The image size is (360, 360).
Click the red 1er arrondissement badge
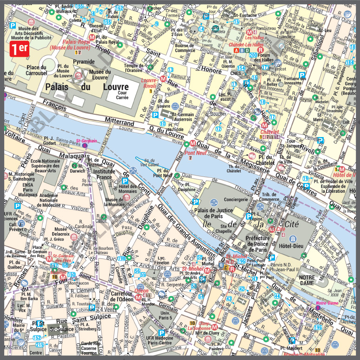20,48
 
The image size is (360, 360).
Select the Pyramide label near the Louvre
84,61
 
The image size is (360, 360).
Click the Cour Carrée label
122,95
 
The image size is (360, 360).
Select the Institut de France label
104,174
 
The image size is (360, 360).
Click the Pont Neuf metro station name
195,152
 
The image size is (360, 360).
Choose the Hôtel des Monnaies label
128,189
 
